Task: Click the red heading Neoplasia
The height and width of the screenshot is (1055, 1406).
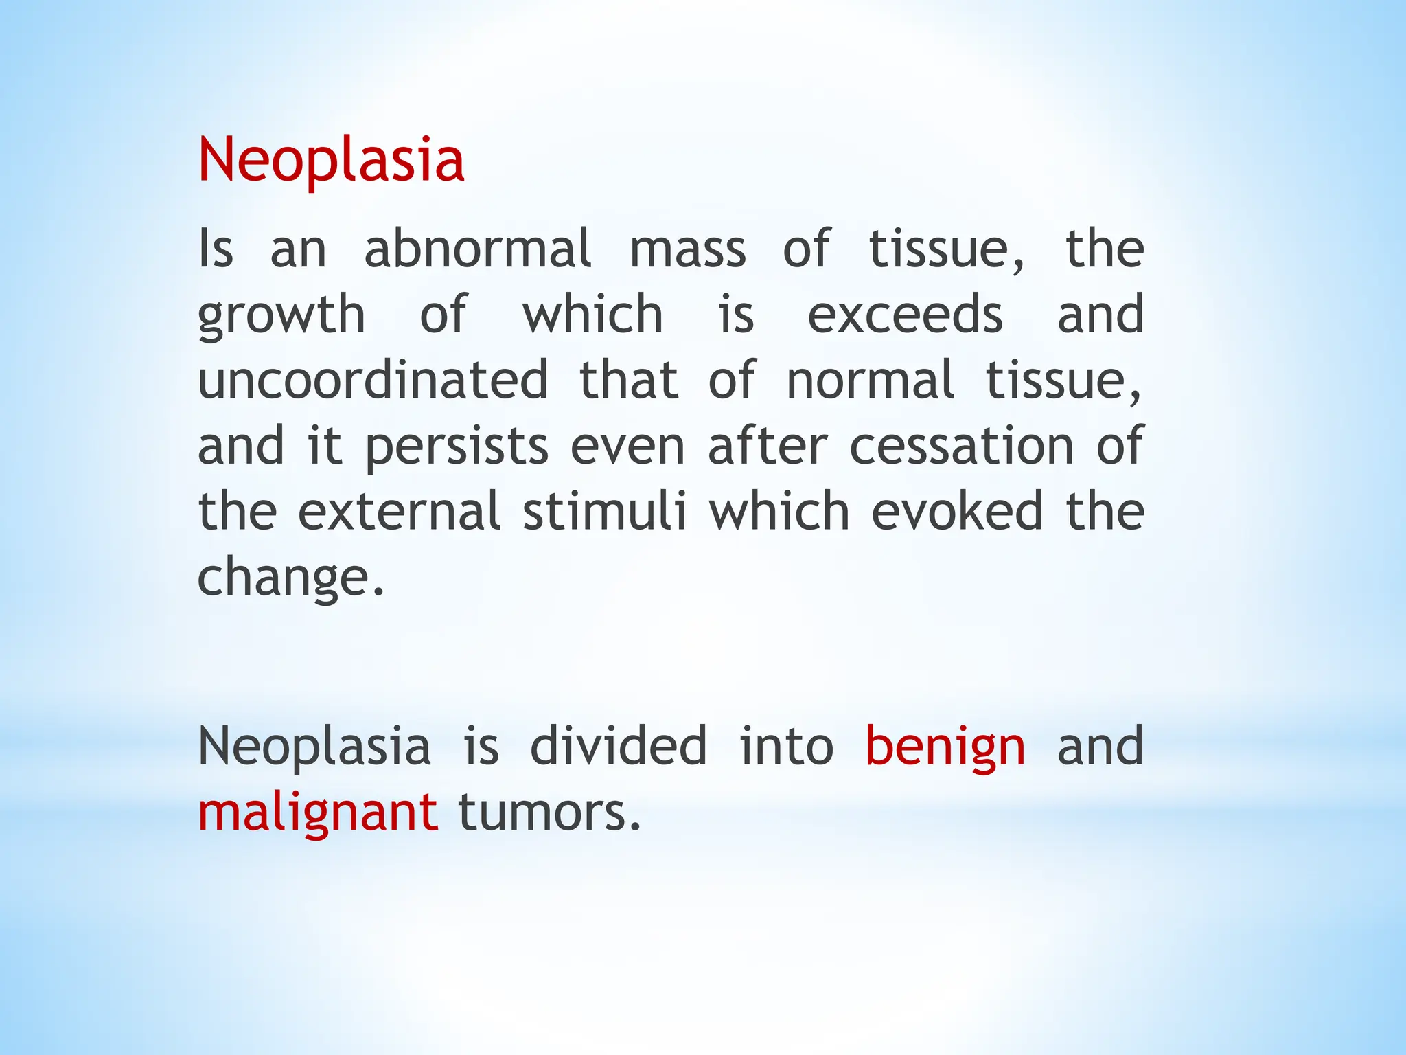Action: tap(331, 160)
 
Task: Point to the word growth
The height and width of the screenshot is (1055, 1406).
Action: tap(281, 316)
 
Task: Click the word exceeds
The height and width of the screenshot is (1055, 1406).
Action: tap(905, 315)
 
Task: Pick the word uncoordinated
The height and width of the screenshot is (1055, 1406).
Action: tap(373, 380)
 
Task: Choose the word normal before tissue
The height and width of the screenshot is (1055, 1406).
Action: tap(869, 380)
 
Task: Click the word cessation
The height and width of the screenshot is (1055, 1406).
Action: tap(961, 446)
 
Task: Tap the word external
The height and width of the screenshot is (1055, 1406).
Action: tap(399, 512)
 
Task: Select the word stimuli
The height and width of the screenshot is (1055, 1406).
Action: tap(604, 512)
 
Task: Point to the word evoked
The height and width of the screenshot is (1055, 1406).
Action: tap(957, 512)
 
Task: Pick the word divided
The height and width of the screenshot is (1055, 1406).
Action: tap(619, 746)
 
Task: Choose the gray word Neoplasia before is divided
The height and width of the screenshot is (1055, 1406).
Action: tap(314, 747)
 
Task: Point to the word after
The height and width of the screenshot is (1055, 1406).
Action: tap(768, 446)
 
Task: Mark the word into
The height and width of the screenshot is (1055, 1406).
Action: tap(786, 746)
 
